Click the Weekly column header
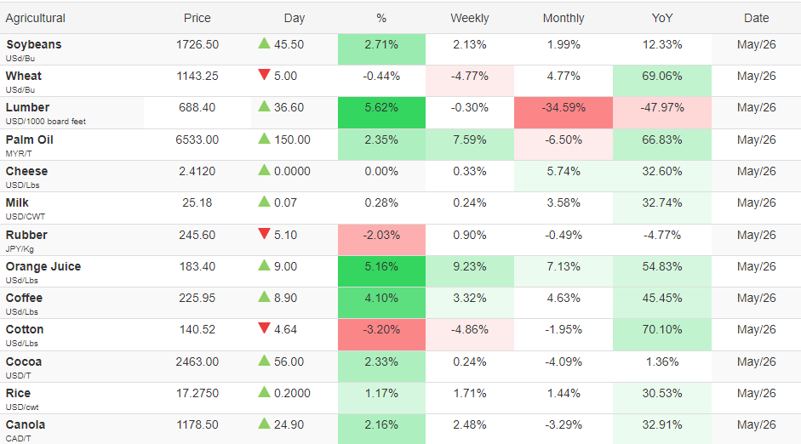click(x=470, y=19)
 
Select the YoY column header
click(x=662, y=19)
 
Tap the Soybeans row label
click(x=34, y=45)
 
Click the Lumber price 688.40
click(x=197, y=108)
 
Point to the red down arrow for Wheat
click(x=264, y=75)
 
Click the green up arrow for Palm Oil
click(x=264, y=139)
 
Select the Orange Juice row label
click(x=43, y=266)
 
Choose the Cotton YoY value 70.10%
click(x=662, y=330)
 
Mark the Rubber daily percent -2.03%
click(x=381, y=236)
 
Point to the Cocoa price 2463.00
click(x=197, y=361)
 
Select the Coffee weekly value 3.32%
click(x=470, y=298)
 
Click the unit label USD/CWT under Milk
click(x=26, y=216)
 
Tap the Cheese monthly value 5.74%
click(x=564, y=172)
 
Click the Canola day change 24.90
click(x=289, y=424)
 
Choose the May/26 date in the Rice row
click(x=756, y=394)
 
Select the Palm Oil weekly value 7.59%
click(x=470, y=139)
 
